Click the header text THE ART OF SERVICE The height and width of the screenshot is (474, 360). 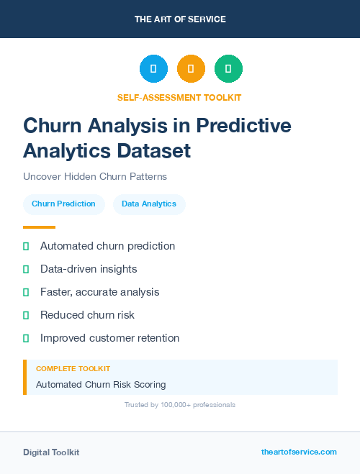point(180,19)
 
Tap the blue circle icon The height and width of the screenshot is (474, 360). point(153,69)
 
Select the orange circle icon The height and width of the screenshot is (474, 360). point(191,69)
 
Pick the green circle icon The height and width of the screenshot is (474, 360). point(228,69)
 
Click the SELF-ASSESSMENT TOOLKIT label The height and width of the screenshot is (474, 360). point(180,97)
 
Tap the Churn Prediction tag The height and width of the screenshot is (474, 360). point(63,204)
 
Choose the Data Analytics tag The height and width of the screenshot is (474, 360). point(149,204)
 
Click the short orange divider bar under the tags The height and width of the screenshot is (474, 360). point(39,227)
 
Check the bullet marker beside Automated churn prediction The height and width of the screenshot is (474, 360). point(26,247)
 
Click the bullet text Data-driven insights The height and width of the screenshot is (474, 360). point(89,269)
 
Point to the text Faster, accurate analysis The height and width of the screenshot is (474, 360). point(99,292)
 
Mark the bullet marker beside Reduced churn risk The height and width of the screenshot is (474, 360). point(26,315)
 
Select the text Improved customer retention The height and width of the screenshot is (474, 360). point(109,338)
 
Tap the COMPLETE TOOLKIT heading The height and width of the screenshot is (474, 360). point(73,368)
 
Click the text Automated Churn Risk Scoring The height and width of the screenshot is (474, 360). point(101,385)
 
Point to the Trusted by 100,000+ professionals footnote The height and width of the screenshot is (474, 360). point(180,405)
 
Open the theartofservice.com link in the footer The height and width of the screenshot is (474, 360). point(299,452)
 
